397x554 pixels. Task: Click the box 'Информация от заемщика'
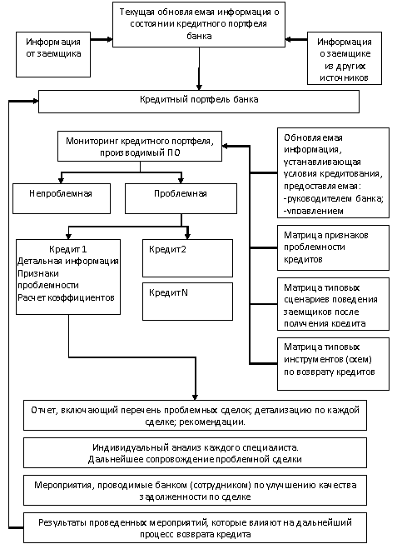point(53,54)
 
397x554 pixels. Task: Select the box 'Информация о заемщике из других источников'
point(345,58)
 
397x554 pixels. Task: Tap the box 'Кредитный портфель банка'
point(199,102)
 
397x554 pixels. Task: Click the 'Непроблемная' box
point(62,198)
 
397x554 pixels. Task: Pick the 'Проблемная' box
point(181,198)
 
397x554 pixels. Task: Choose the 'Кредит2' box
point(187,258)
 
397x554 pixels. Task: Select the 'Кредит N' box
point(187,302)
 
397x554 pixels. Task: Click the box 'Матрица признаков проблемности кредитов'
point(333,247)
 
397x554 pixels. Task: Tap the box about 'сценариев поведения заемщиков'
point(333,304)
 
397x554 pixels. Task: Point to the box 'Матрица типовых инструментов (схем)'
point(333,364)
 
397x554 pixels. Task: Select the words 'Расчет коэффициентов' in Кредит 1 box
point(66,297)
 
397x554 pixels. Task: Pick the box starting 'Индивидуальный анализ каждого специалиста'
point(195,453)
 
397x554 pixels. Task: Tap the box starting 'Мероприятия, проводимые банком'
point(195,491)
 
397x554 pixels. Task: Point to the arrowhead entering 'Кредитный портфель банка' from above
point(199,87)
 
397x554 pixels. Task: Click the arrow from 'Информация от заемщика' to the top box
point(102,40)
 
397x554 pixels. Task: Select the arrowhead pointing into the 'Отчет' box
point(195,397)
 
